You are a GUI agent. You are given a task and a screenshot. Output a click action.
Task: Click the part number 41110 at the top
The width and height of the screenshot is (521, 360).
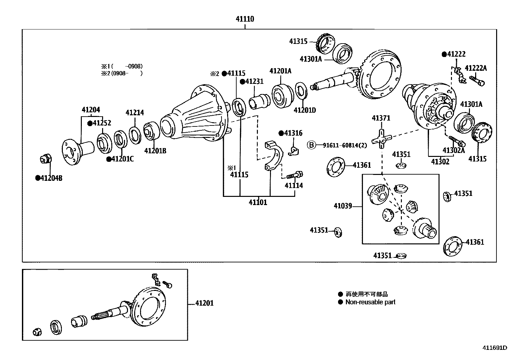[x=245, y=19]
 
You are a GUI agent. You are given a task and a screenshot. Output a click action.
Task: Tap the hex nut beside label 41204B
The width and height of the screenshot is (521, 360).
[x=45, y=159]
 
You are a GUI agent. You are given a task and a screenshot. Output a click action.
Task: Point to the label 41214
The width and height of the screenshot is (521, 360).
[x=135, y=113]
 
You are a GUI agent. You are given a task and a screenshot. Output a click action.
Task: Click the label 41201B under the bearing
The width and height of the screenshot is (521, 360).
[x=155, y=151]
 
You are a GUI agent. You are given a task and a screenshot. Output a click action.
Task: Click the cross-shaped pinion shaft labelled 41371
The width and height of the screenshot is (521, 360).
[x=382, y=139]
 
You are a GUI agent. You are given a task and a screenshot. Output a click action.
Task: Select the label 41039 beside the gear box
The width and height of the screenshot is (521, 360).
[x=343, y=206]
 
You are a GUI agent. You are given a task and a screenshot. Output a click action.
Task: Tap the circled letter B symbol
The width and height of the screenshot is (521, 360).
[x=311, y=145]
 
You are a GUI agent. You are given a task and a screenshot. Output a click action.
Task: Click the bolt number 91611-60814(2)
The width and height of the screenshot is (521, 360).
[x=345, y=145]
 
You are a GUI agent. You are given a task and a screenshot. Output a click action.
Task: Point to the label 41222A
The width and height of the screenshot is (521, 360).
[x=476, y=68]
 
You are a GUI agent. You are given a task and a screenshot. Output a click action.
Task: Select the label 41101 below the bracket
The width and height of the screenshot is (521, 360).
[x=258, y=202]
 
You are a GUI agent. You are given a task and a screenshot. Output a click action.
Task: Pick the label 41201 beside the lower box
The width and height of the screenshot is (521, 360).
[x=204, y=303]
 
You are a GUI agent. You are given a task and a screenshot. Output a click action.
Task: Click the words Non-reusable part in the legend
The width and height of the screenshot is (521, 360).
[x=370, y=302]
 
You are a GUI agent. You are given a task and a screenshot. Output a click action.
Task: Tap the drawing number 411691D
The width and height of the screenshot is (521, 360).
[x=495, y=348]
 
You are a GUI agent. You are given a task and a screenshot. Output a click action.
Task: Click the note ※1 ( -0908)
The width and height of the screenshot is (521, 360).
[x=122, y=66]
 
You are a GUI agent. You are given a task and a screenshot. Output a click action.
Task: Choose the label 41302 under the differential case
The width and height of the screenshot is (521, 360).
[x=440, y=161]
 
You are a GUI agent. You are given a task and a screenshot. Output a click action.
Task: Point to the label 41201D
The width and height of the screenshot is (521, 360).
[x=305, y=110]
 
